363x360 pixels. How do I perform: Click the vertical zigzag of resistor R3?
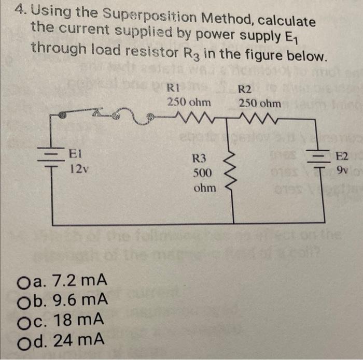pyautogui.click(x=232, y=166)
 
